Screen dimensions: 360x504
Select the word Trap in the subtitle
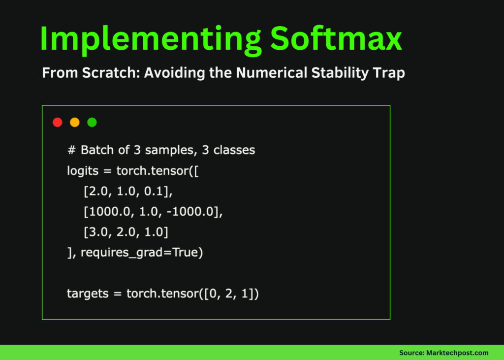[x=389, y=73]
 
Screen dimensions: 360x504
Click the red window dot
[x=58, y=122]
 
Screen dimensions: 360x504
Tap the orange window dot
[x=75, y=122]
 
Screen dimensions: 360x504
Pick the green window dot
[x=92, y=122]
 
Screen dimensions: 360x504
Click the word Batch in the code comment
[x=96, y=150]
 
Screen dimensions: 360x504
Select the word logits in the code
[x=83, y=171]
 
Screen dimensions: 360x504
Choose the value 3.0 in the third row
[x=96, y=232]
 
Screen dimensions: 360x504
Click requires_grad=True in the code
[x=141, y=253]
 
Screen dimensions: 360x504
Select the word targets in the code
[x=87, y=294]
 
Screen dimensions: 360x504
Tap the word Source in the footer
[x=410, y=353]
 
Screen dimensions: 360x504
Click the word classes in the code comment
[x=234, y=150]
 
